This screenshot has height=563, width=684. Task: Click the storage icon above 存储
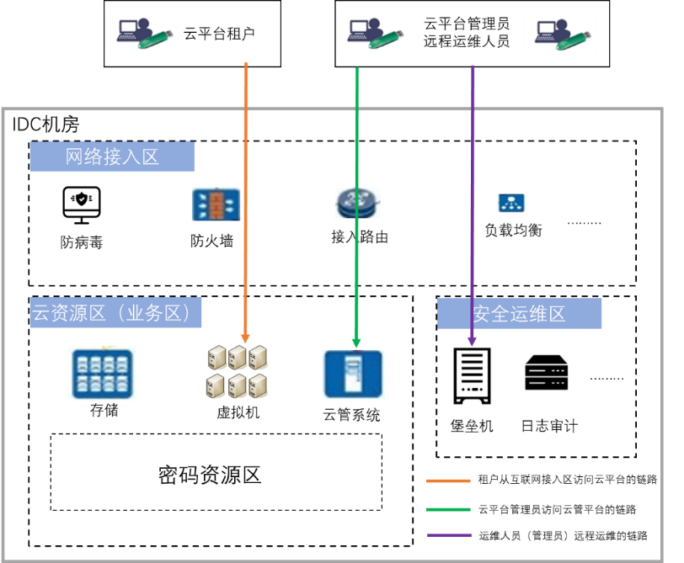point(102,374)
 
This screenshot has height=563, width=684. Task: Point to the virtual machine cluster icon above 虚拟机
point(238,371)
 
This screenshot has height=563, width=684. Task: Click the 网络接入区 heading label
point(112,157)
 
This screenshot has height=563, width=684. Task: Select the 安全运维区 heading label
point(519,314)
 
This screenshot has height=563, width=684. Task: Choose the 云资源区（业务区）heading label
point(116,313)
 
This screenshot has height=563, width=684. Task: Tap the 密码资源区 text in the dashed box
point(210,475)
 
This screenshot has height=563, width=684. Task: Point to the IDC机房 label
point(45,125)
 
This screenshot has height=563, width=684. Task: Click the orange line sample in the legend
point(449,481)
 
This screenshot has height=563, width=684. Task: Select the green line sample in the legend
point(449,508)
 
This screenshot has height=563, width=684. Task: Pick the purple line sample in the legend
point(449,535)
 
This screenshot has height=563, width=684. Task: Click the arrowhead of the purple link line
point(473,340)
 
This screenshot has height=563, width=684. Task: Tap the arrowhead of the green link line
point(356,343)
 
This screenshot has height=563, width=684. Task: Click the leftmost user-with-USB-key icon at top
point(144,32)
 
